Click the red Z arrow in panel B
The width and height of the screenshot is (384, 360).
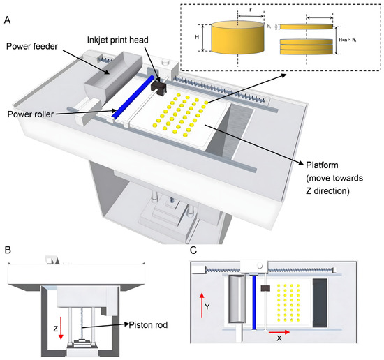click(x=62, y=327)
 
